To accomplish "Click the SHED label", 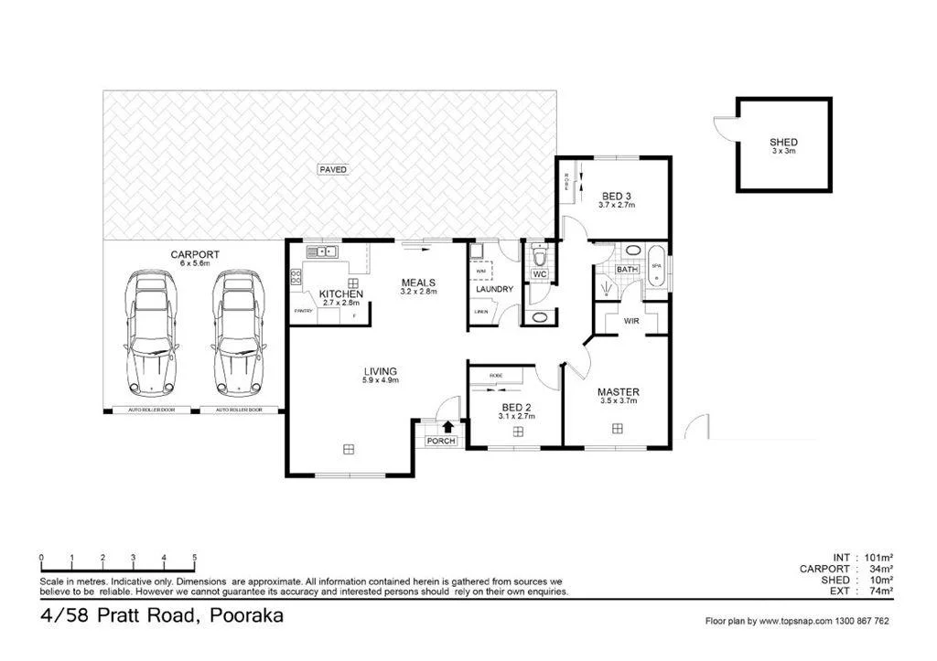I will pos(783,143).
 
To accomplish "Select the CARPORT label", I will pos(194,255).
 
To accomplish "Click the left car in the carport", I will pos(152,329).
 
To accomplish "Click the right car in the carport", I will pos(239,329).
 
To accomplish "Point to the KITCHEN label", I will pos(340,294).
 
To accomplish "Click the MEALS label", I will pos(418,283).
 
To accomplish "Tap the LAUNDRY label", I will pos(493,290).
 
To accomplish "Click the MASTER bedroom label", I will pos(619,392).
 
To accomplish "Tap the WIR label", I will pos(631,322).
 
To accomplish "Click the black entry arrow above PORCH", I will pos(447,425).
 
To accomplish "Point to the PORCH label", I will pos(441,442).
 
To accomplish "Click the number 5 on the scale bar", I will pos(194,558).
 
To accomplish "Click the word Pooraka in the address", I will pos(245,615).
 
